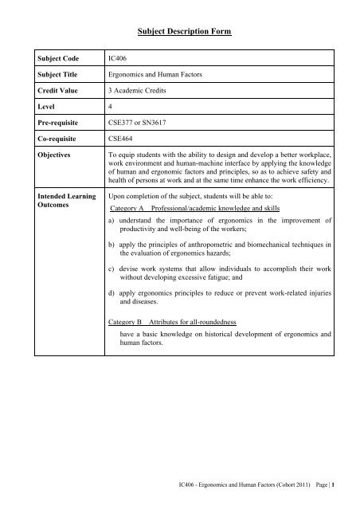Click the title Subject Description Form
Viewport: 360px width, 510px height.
[179, 31]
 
